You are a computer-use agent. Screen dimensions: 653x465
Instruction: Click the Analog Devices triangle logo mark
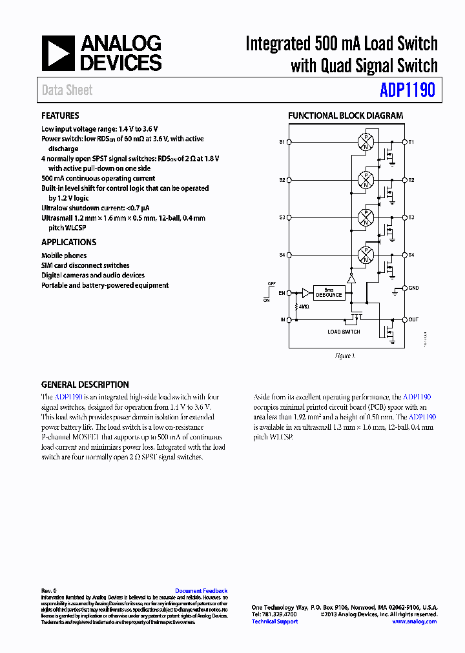point(58,53)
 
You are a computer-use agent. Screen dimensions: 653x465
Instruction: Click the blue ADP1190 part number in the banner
point(407,90)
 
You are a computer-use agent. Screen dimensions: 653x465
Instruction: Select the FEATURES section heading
point(60,116)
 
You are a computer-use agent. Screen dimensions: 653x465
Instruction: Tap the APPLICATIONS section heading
point(68,242)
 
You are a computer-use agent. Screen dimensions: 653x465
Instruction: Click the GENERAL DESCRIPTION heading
point(85,385)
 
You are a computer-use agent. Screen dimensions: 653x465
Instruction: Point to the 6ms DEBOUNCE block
point(329,292)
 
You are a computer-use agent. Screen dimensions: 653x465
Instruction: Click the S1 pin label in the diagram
point(282,141)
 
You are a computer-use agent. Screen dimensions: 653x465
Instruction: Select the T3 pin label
point(411,217)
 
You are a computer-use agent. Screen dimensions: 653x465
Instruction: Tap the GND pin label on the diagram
point(413,288)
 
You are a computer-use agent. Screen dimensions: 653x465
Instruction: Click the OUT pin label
point(413,319)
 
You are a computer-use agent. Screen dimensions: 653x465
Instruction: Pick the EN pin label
point(282,293)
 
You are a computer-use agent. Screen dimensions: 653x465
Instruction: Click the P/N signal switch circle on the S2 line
point(366,179)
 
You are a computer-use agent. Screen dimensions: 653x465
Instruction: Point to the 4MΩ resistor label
point(304,307)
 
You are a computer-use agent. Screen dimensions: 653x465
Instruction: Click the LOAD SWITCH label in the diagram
point(344,332)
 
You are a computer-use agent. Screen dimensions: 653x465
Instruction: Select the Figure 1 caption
point(344,356)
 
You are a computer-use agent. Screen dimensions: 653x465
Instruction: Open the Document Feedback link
point(201,590)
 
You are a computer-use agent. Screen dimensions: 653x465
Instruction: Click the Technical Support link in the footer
point(274,621)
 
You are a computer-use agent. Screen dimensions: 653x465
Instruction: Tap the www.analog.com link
point(413,621)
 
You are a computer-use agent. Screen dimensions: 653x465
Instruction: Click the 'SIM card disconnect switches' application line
point(85,265)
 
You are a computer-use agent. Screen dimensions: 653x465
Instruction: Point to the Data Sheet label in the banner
point(67,90)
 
